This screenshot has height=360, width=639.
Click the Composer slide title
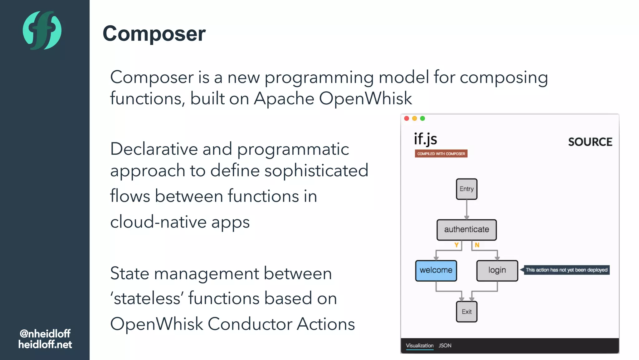(154, 33)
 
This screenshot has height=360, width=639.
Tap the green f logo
(42, 30)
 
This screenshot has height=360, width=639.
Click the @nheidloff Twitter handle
(45, 333)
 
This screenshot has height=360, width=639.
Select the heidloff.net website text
(45, 344)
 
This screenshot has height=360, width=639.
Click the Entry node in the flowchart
(466, 189)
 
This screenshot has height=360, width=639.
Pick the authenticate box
(466, 230)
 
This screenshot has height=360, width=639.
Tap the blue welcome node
(436, 270)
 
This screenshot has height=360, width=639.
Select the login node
(497, 270)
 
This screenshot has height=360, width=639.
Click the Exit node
(466, 312)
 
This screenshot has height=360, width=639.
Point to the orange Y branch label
(456, 245)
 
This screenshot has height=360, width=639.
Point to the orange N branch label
(477, 245)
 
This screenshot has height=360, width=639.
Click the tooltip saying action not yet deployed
(566, 270)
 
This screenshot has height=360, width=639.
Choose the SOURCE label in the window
(590, 142)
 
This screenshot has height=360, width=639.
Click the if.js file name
(425, 139)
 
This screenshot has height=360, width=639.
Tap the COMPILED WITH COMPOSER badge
(441, 153)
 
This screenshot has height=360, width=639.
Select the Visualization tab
(419, 345)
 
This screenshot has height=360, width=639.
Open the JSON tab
(445, 345)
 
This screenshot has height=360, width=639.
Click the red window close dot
(407, 118)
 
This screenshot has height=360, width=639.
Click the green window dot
(422, 118)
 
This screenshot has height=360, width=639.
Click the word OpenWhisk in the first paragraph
(365, 98)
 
